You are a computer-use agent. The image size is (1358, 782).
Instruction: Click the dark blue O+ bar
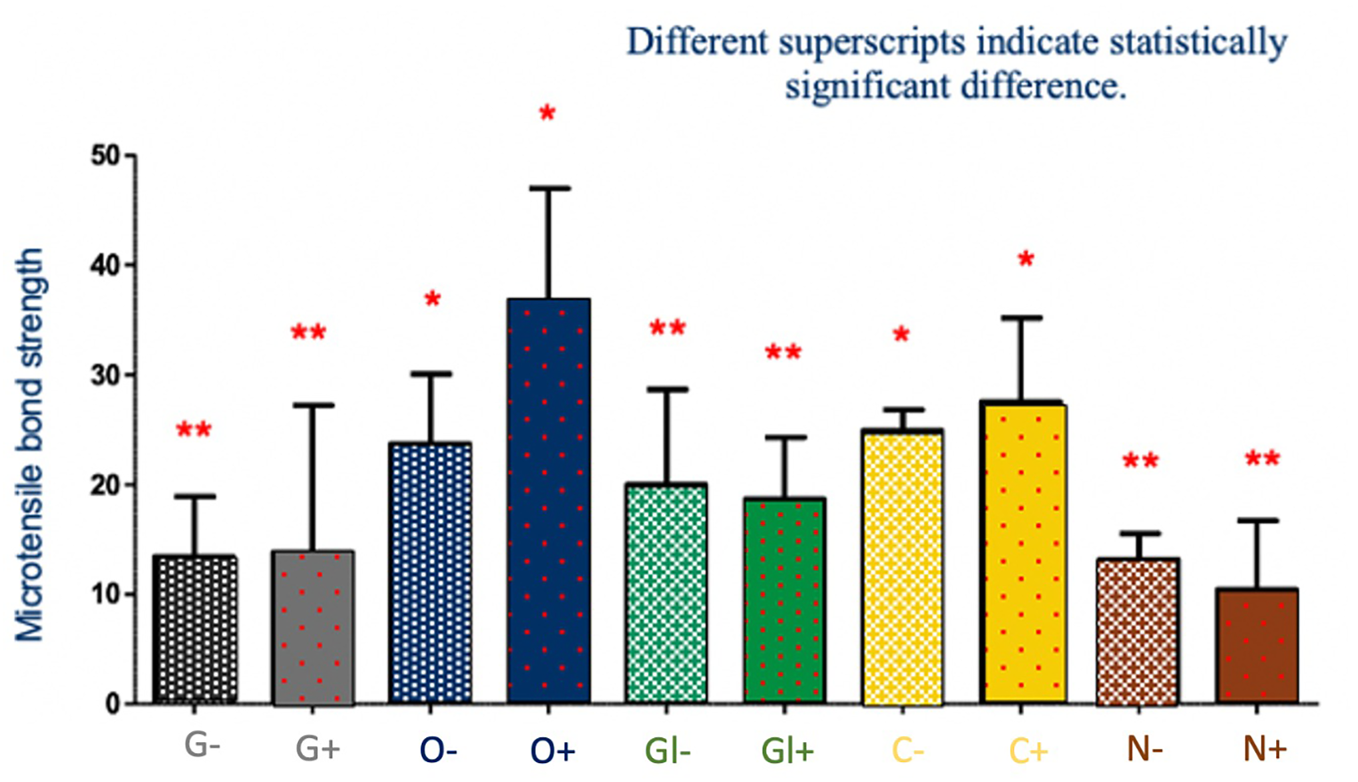tap(549, 501)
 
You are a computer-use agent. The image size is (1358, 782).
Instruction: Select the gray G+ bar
tap(313, 628)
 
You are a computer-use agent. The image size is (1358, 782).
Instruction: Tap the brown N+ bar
tap(1257, 646)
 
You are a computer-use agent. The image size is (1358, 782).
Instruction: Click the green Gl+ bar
tap(785, 601)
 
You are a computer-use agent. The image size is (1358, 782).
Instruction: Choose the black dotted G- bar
tap(195, 630)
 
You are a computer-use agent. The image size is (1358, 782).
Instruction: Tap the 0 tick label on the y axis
tap(113, 705)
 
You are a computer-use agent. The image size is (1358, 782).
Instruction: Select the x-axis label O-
tap(439, 751)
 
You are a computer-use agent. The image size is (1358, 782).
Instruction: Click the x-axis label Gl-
tap(668, 751)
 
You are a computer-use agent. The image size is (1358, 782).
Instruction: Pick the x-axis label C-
tap(908, 751)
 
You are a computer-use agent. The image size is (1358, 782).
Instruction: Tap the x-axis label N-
tap(1144, 749)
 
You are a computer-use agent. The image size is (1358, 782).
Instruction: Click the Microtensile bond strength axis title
tap(30, 445)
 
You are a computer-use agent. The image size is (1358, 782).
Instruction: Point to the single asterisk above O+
tap(547, 113)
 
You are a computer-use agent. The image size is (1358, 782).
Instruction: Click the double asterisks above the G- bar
tap(194, 429)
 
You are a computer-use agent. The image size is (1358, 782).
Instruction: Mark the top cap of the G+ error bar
tap(312, 405)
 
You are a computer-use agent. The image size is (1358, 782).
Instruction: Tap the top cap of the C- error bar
tap(903, 409)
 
